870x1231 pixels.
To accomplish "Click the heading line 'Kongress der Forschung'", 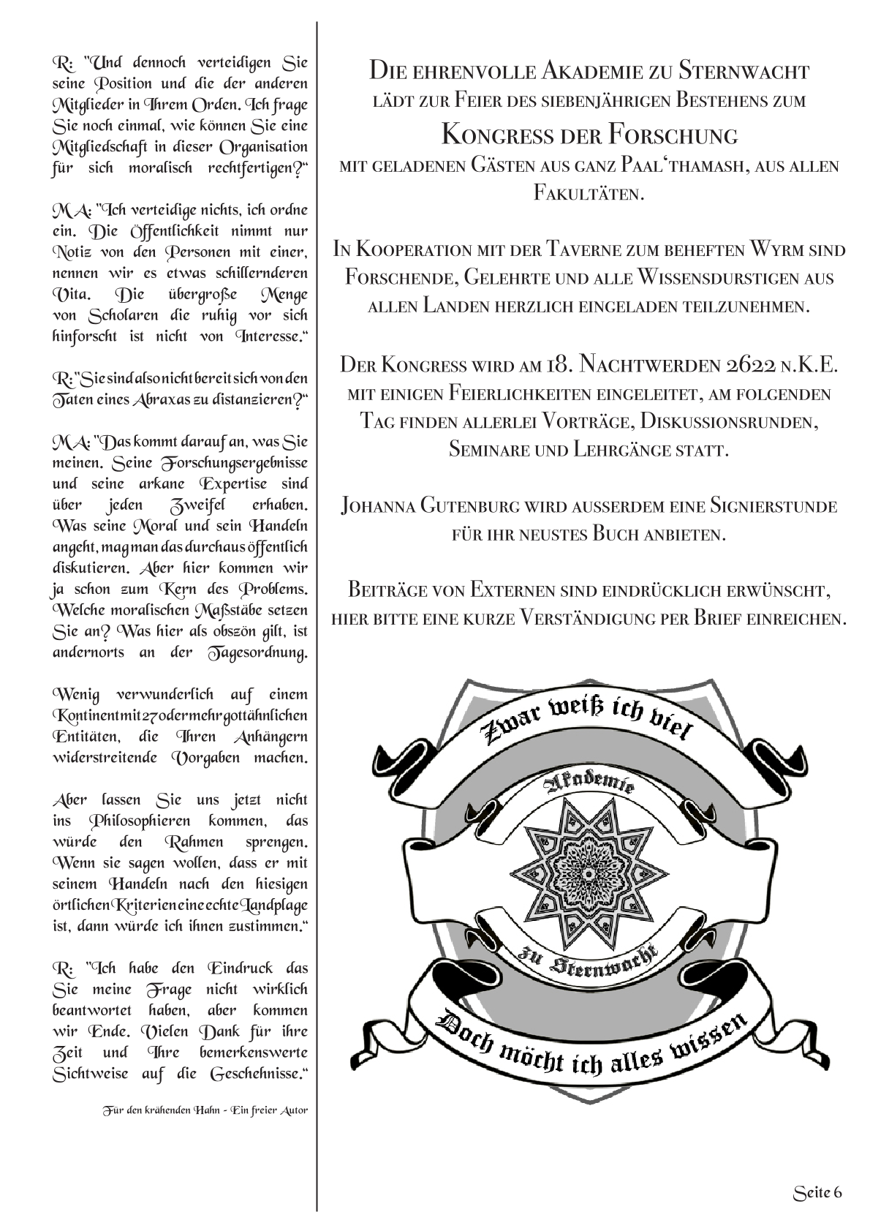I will pyautogui.click(x=589, y=135).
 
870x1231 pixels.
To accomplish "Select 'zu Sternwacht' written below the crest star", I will pyautogui.click(x=589, y=957).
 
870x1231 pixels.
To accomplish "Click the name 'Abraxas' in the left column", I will pyautogui.click(x=159, y=400).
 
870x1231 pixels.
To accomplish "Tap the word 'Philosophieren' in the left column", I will pyautogui.click(x=139, y=821).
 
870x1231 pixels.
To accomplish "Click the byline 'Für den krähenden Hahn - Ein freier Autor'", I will pyautogui.click(x=205, y=1110).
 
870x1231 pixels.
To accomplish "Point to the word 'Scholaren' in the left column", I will pyautogui.click(x=125, y=316).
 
